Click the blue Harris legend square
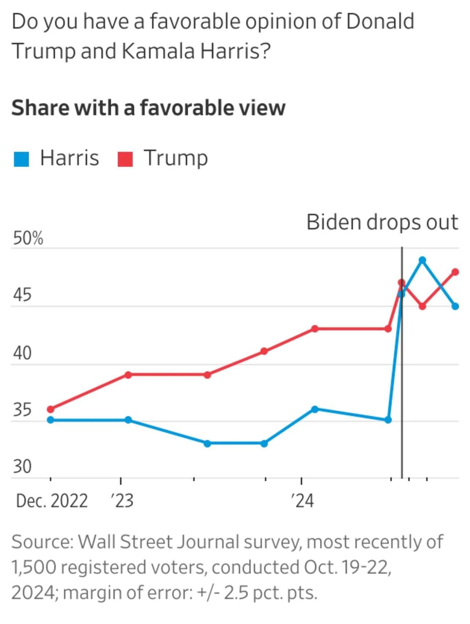click(x=21, y=159)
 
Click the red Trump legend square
click(x=125, y=159)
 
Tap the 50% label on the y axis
click(x=28, y=238)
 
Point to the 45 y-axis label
click(x=22, y=295)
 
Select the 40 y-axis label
click(x=22, y=353)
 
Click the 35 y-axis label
click(x=22, y=410)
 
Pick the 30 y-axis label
click(x=22, y=467)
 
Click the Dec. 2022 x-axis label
click(x=52, y=501)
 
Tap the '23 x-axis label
click(x=122, y=501)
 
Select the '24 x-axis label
click(x=302, y=501)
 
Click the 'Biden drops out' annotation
click(x=382, y=222)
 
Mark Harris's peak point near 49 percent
click(x=422, y=260)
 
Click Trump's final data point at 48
click(x=455, y=272)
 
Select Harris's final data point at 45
click(x=455, y=306)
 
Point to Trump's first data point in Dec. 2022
click(x=51, y=409)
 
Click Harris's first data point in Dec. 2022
click(x=51, y=420)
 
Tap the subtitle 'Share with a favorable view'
click(x=148, y=108)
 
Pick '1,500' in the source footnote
click(x=34, y=567)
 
